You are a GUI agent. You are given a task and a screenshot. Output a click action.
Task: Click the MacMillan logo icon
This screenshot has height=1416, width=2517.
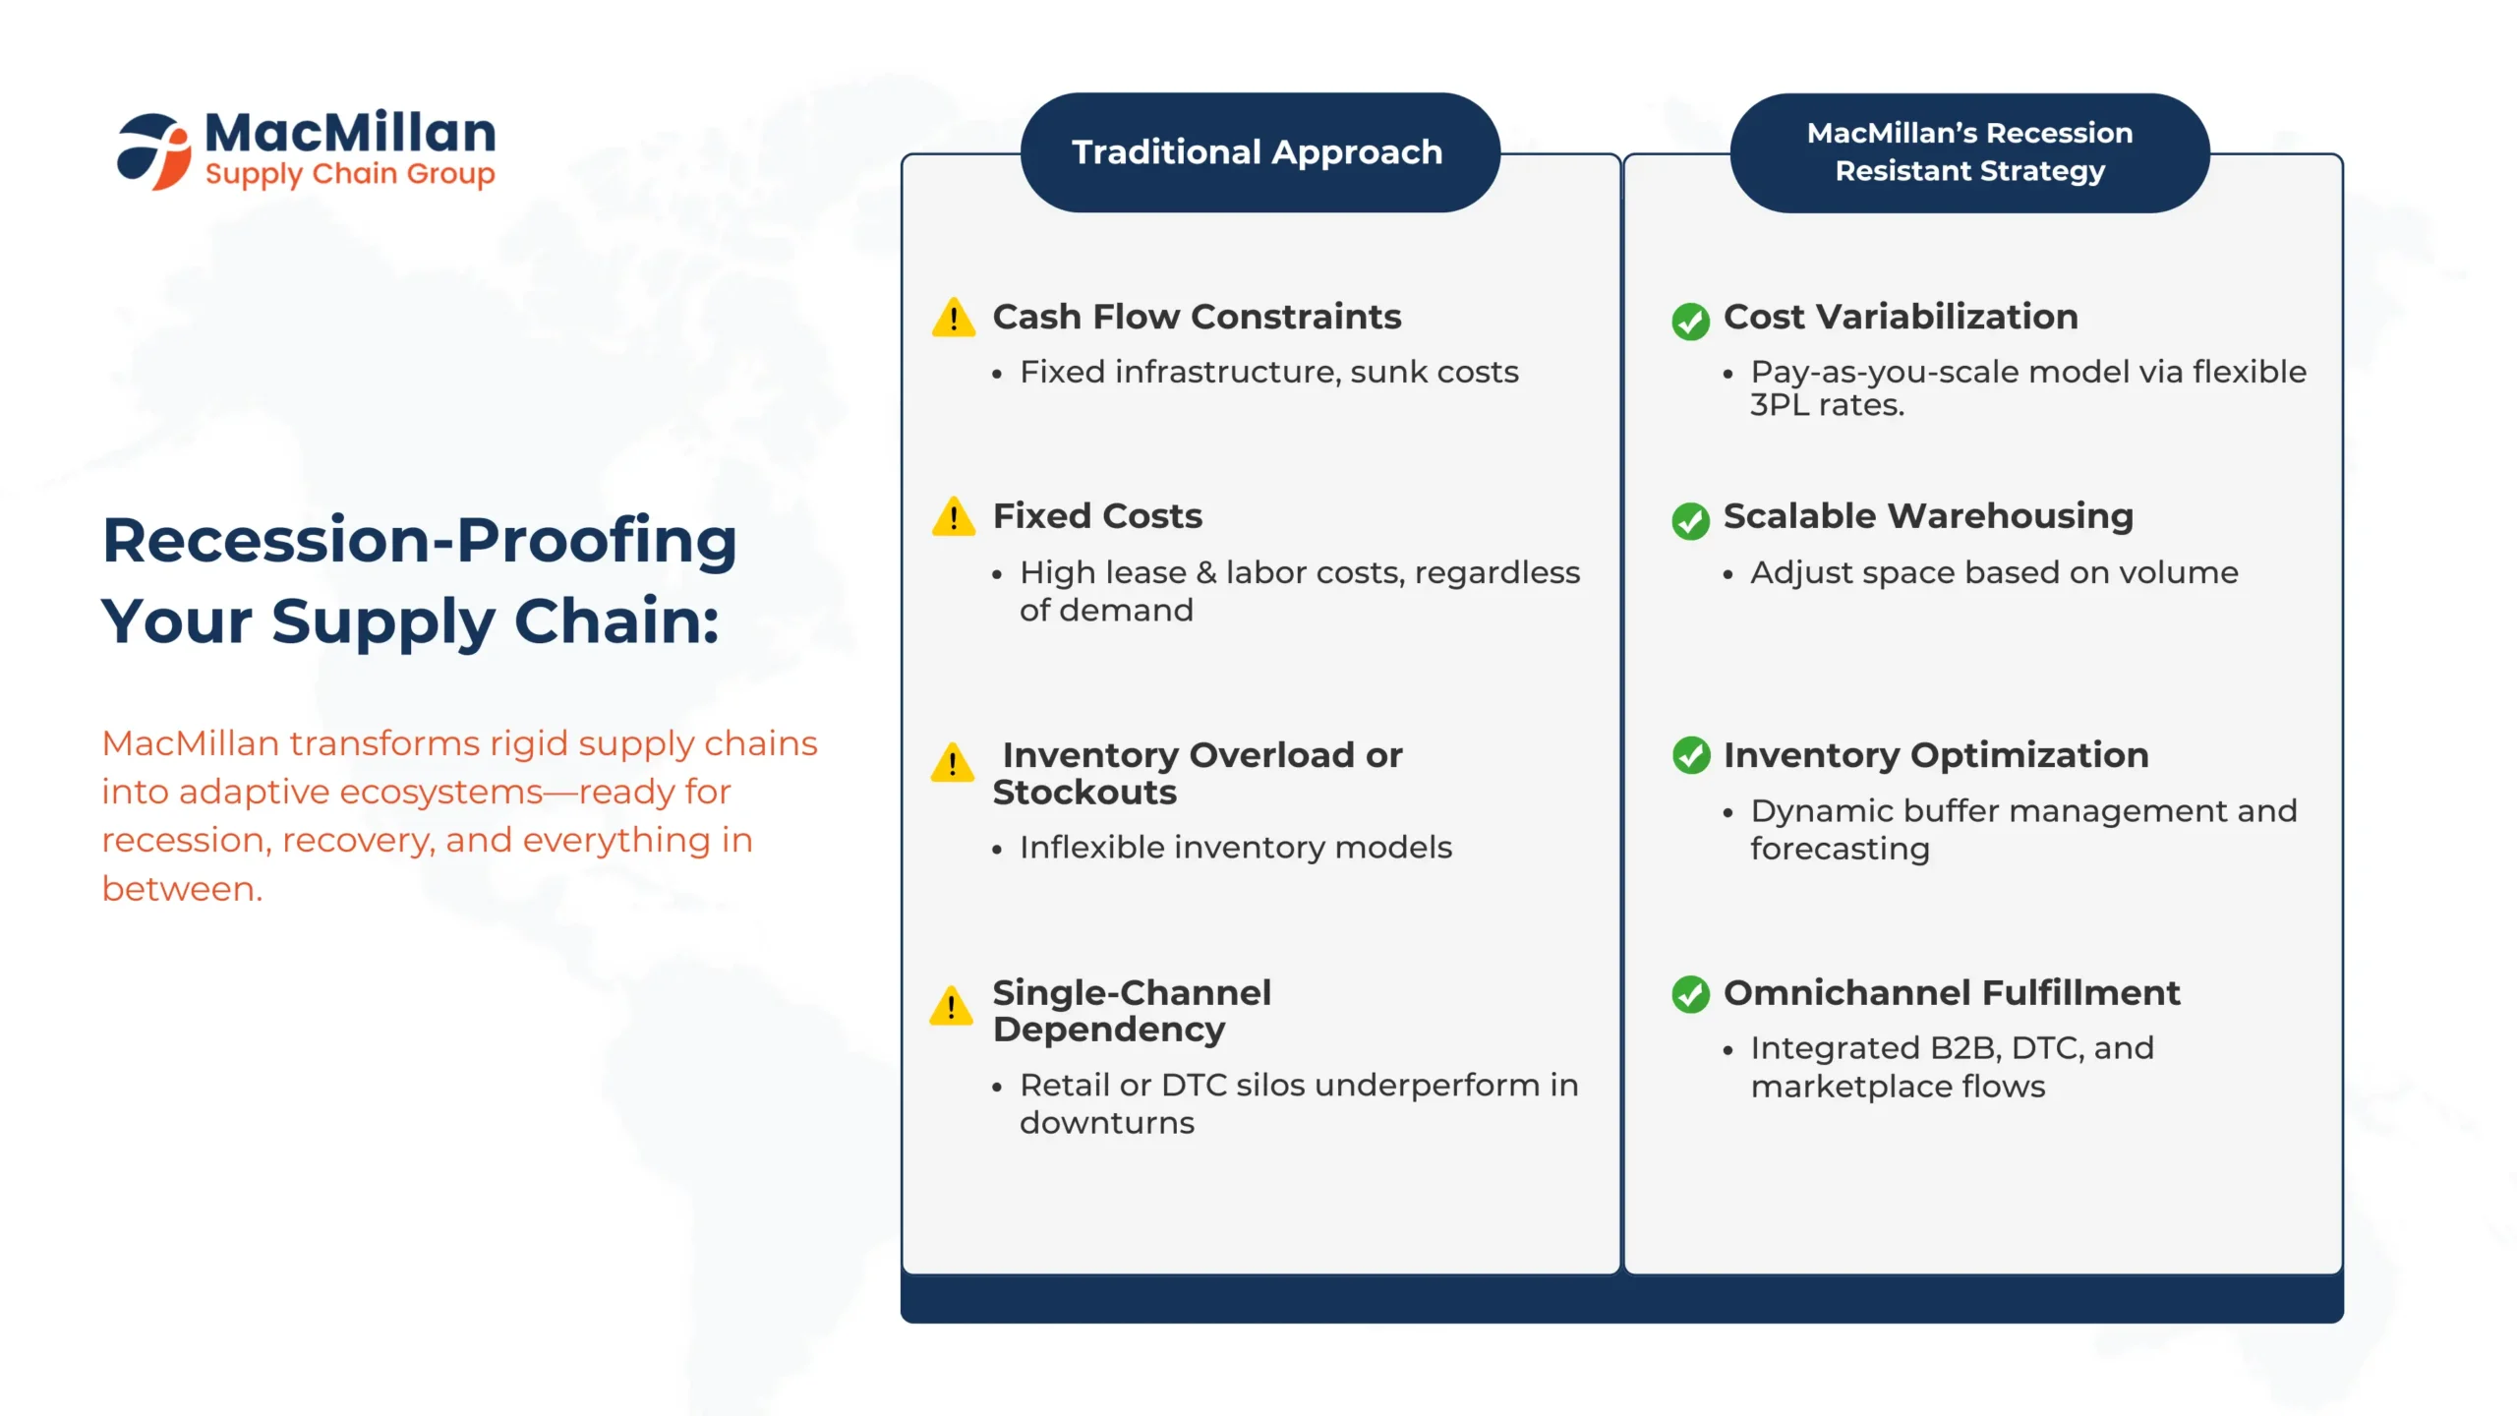pos(154,150)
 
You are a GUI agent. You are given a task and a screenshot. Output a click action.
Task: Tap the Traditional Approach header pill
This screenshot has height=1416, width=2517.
pos(1260,152)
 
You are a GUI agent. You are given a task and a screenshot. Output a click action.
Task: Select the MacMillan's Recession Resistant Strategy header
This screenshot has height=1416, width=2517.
pos(1970,152)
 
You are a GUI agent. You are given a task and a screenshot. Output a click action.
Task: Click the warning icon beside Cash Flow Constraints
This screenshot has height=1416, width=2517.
pos(954,317)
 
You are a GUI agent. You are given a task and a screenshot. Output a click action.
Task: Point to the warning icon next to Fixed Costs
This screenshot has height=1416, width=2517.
pos(954,516)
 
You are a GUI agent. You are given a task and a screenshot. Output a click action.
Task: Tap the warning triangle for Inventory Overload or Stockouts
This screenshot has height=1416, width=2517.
pos(953,762)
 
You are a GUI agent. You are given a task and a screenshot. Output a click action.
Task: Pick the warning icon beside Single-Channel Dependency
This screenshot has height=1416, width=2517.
pos(952,1005)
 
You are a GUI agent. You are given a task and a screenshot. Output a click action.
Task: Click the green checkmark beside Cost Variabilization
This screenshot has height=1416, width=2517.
pos(1691,321)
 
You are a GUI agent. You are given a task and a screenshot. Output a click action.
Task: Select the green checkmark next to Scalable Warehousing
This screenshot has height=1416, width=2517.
pos(1691,520)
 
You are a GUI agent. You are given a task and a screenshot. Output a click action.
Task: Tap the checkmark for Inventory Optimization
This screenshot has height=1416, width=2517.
pos(1691,755)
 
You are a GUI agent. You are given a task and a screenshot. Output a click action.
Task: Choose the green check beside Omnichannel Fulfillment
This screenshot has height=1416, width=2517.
pos(1691,994)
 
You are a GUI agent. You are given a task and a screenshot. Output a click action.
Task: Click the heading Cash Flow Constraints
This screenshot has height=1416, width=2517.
pos(1197,317)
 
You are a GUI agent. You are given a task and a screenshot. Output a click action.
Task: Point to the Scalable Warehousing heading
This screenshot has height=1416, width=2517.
pos(1928,516)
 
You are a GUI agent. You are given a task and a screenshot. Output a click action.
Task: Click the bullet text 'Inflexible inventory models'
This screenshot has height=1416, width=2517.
pos(1236,847)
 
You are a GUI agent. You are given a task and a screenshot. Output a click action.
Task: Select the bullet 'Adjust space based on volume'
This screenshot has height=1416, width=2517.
pos(1994,572)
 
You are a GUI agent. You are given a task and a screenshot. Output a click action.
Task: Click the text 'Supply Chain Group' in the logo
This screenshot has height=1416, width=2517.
pos(350,174)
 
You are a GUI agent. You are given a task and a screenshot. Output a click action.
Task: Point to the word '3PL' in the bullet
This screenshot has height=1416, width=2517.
pos(1780,405)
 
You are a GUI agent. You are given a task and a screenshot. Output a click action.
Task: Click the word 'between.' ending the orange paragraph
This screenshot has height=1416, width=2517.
pos(182,889)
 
